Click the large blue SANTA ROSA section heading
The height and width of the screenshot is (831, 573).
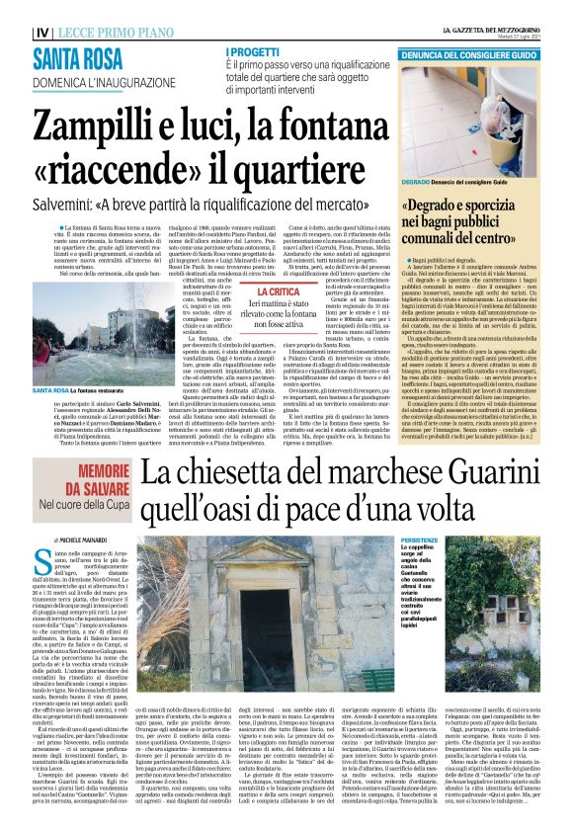[79, 59]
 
